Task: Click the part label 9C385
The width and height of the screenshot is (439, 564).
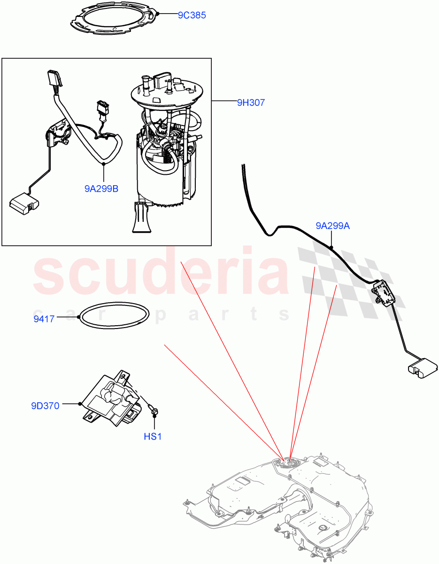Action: click(192, 15)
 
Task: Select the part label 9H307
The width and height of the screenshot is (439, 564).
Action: click(251, 102)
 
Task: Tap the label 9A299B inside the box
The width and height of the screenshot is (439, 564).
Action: click(101, 189)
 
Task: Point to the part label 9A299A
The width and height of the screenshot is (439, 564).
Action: click(332, 226)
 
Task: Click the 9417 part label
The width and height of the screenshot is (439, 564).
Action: click(43, 319)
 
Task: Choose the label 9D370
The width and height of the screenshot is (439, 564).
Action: click(45, 406)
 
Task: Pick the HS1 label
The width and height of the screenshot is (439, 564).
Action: click(153, 437)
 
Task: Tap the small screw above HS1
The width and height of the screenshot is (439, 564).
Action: click(154, 412)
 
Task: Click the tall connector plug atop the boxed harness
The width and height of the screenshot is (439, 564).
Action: click(53, 79)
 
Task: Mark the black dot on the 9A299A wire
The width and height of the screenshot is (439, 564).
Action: click(331, 247)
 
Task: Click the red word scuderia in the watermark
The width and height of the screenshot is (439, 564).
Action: click(160, 273)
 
